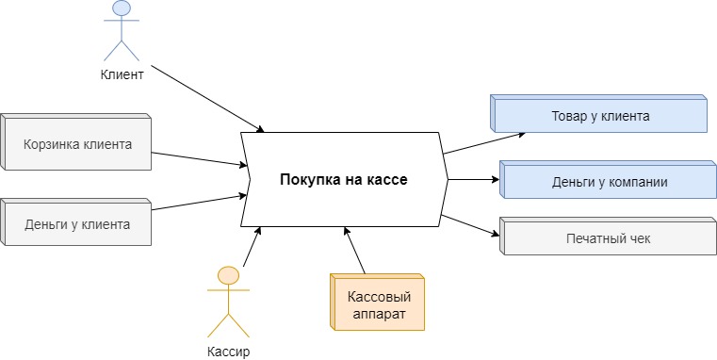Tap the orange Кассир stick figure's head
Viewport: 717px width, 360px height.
[228, 275]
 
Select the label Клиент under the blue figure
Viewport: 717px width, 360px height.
[122, 74]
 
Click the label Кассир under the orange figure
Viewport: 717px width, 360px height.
[228, 352]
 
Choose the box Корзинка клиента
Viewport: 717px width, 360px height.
[77, 144]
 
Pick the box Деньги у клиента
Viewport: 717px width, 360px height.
[77, 224]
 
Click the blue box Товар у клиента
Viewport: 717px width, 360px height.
[600, 117]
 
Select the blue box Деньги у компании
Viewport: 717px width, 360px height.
[610, 182]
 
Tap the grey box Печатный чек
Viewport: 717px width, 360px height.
[607, 238]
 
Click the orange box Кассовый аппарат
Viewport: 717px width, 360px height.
[377, 303]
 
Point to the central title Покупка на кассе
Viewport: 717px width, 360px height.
[343, 179]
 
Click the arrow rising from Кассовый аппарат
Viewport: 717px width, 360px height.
[356, 250]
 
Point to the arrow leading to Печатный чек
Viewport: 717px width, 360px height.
[469, 229]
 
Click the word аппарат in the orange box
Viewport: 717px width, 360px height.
[377, 314]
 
